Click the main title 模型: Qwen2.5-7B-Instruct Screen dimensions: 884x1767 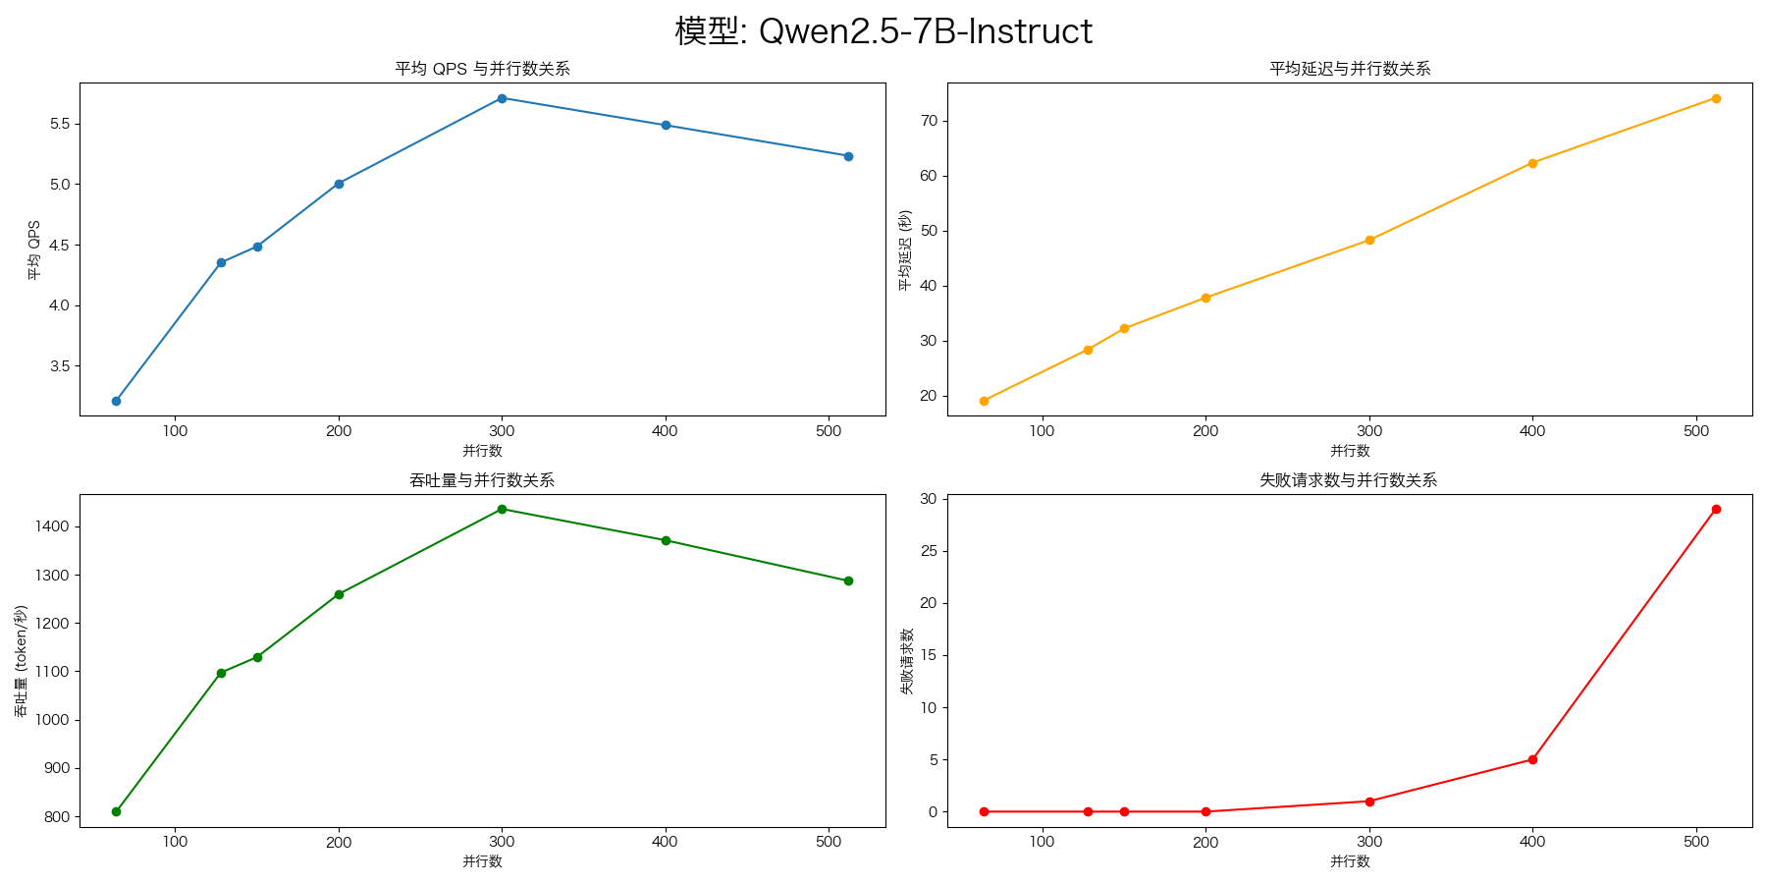pyautogui.click(x=883, y=31)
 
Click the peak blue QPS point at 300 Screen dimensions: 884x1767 pyautogui.click(x=502, y=98)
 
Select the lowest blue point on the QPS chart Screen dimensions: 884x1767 pyautogui.click(x=116, y=401)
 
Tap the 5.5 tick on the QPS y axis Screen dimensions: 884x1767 pyautogui.click(x=58, y=124)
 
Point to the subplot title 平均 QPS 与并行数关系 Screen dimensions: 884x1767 pyautogui.click(x=482, y=69)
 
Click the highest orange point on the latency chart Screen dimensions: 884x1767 pyautogui.click(x=1716, y=98)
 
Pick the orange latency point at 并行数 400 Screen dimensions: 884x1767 pyautogui.click(x=1532, y=163)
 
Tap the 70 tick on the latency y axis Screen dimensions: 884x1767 pyautogui.click(x=929, y=121)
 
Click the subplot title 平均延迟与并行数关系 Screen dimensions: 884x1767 pyautogui.click(x=1350, y=69)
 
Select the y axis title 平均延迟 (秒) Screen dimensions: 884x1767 pyautogui.click(x=905, y=249)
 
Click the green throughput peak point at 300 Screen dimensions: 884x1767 pyautogui.click(x=502, y=509)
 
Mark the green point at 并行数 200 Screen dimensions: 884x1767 pyautogui.click(x=339, y=594)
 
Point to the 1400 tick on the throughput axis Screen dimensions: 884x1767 pyautogui.click(x=54, y=526)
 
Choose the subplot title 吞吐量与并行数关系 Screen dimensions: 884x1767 pyautogui.click(x=482, y=480)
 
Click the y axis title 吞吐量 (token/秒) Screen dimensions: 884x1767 pyautogui.click(x=21, y=660)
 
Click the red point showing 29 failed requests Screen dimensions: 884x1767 pyautogui.click(x=1716, y=509)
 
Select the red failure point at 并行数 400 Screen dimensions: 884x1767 pyautogui.click(x=1532, y=759)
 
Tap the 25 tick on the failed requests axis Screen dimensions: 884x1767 pyautogui.click(x=929, y=551)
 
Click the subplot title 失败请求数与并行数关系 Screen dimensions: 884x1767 pyautogui.click(x=1350, y=480)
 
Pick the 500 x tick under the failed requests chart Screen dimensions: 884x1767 pyautogui.click(x=1696, y=842)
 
